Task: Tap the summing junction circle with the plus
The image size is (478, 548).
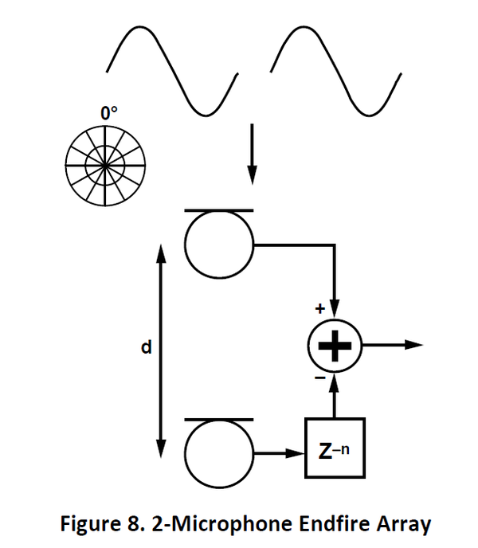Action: pyautogui.click(x=335, y=345)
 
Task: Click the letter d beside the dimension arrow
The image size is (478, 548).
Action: pyautogui.click(x=146, y=348)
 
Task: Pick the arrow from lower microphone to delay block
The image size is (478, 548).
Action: pyautogui.click(x=279, y=454)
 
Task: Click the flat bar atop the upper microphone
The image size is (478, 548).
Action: pyautogui.click(x=218, y=211)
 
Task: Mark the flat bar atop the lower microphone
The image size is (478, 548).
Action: pyautogui.click(x=218, y=419)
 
